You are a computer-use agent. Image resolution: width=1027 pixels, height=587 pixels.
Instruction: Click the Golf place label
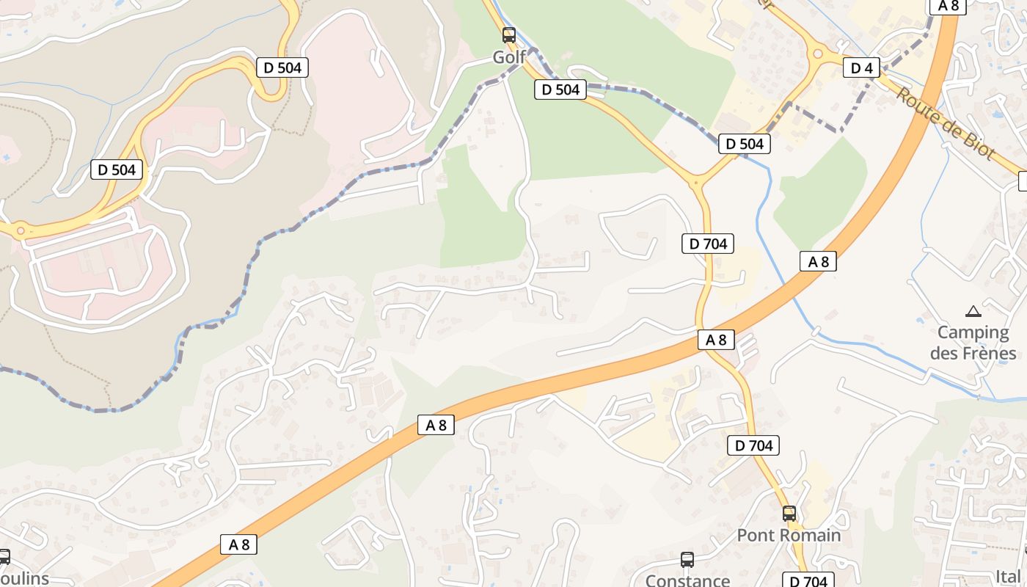(509, 56)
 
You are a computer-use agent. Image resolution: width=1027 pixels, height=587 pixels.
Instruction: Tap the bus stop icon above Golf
(509, 34)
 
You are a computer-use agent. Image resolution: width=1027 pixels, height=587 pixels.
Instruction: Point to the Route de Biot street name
(945, 123)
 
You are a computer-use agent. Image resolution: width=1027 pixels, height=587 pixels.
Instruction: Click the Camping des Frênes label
(973, 343)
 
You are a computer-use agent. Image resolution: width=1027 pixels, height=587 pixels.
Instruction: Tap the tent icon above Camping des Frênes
(973, 311)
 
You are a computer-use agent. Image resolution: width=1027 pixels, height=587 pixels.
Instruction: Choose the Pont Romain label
(789, 535)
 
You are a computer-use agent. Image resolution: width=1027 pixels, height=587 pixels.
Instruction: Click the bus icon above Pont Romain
(789, 514)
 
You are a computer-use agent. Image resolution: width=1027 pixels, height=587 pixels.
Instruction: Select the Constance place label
(687, 580)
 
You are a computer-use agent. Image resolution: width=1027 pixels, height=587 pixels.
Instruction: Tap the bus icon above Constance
(687, 560)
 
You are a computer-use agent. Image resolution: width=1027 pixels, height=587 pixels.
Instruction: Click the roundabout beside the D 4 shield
(818, 54)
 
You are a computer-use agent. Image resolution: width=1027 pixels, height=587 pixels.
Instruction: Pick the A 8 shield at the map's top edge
(949, 6)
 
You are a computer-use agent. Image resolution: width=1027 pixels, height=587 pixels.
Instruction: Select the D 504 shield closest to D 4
(745, 144)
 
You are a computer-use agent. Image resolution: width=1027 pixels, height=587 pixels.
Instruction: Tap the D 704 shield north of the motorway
(707, 244)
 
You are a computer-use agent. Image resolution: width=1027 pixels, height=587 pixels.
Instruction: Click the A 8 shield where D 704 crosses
(716, 340)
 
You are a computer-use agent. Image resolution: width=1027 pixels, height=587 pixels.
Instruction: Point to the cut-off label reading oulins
(24, 579)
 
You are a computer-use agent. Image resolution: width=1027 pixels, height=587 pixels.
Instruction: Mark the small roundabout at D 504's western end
(21, 231)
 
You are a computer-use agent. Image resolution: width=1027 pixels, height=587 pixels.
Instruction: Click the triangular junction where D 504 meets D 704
(698, 181)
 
